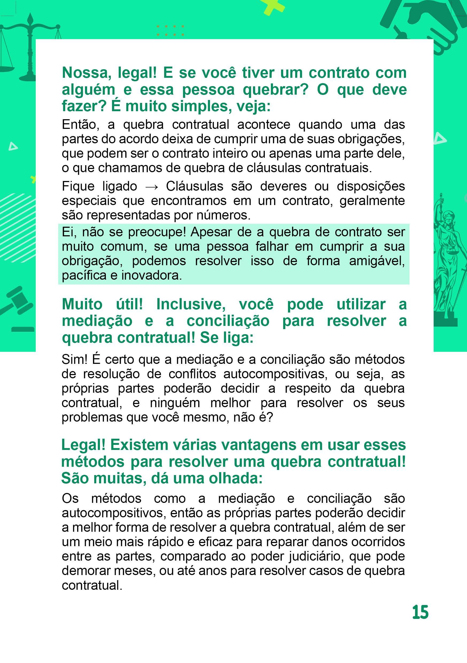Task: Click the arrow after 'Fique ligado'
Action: (151, 187)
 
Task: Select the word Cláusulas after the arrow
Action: (194, 186)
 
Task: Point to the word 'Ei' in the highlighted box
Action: (68, 232)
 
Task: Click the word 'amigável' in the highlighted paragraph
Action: (377, 261)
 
